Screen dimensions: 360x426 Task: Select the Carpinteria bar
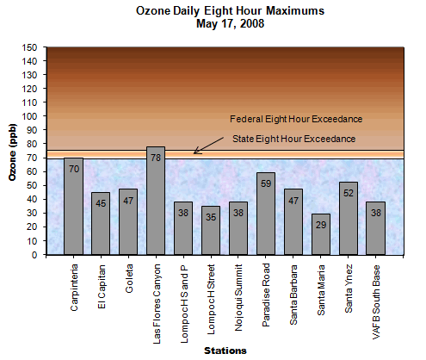[x=73, y=207]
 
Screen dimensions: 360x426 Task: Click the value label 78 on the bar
[x=156, y=157]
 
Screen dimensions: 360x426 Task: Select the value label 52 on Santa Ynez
[x=349, y=192]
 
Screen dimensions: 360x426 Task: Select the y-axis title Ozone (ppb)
[x=12, y=152]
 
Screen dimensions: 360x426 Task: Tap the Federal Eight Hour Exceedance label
[x=295, y=119]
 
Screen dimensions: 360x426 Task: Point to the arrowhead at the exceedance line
[x=196, y=152]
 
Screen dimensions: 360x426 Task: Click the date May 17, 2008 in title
[x=230, y=24]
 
